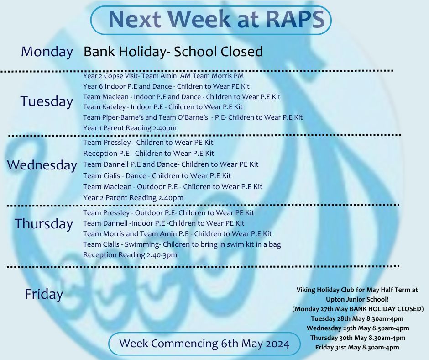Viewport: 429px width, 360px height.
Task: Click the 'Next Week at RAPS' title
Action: click(216, 19)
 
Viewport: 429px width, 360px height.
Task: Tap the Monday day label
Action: click(47, 52)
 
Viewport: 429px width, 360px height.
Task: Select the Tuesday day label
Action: click(47, 101)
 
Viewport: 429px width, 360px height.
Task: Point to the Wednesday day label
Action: click(42, 165)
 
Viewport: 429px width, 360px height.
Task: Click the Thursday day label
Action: click(44, 223)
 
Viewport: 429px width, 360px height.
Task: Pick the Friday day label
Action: click(44, 294)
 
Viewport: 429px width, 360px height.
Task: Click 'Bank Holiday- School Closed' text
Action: click(173, 52)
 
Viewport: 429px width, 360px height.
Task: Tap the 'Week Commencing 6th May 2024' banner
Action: click(204, 344)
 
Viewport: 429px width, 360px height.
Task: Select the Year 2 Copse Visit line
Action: click(163, 76)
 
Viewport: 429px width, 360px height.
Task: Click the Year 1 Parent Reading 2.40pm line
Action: click(130, 128)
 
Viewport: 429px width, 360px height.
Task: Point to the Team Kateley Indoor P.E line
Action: click(163, 107)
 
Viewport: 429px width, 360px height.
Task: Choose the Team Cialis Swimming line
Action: click(182, 244)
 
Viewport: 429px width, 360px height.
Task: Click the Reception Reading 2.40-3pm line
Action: click(130, 255)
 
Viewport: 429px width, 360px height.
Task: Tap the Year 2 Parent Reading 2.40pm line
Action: click(133, 198)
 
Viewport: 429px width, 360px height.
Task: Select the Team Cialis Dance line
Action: click(157, 175)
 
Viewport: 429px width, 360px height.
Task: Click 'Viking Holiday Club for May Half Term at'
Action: click(357, 290)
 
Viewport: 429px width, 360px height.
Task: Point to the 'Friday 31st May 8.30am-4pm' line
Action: click(357, 348)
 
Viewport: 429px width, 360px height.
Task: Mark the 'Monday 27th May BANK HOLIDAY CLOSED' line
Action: click(358, 309)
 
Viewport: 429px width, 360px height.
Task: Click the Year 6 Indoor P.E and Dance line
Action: click(166, 86)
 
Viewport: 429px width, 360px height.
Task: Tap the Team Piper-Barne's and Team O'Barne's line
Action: click(193, 117)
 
